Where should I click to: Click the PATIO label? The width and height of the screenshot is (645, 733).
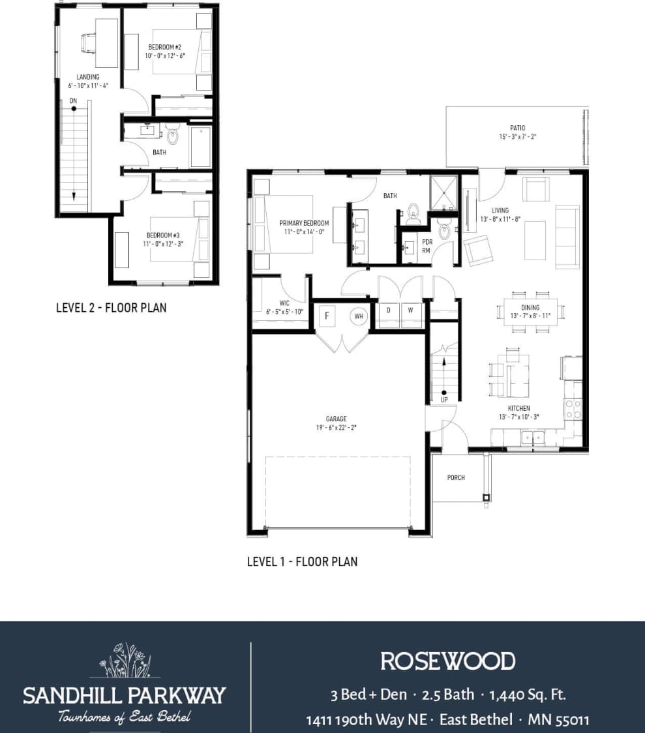pyautogui.click(x=517, y=128)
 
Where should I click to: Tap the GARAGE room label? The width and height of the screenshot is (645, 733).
pyautogui.click(x=337, y=419)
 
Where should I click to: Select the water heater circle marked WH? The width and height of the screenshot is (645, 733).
pyautogui.click(x=358, y=316)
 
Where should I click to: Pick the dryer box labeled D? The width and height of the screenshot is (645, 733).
pyautogui.click(x=389, y=310)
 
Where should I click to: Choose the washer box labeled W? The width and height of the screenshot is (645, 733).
pyautogui.click(x=410, y=310)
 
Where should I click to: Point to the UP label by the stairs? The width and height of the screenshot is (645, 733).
pyautogui.click(x=444, y=400)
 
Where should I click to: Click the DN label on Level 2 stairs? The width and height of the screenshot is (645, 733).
pyautogui.click(x=74, y=100)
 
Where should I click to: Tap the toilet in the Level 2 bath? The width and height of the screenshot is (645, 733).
pyautogui.click(x=173, y=136)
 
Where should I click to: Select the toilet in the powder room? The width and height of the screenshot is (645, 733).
pyautogui.click(x=445, y=231)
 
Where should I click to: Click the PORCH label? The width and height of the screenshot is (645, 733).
pyautogui.click(x=456, y=478)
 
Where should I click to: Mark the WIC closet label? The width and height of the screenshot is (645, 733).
pyautogui.click(x=284, y=303)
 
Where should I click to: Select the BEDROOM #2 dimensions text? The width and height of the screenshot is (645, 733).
pyautogui.click(x=165, y=55)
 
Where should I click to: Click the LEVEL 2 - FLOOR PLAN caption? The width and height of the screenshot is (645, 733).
pyautogui.click(x=111, y=307)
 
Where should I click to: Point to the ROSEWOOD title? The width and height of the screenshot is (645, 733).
pyautogui.click(x=447, y=661)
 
